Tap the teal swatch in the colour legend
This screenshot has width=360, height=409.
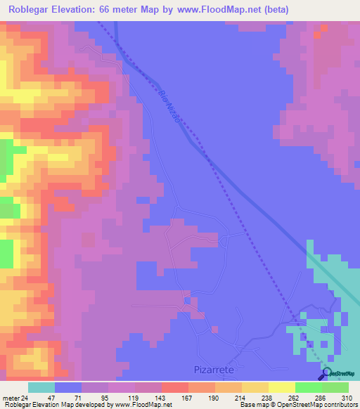pyautogui.click(x=41, y=387)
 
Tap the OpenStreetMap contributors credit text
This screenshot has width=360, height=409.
pyautogui.click(x=320, y=405)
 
